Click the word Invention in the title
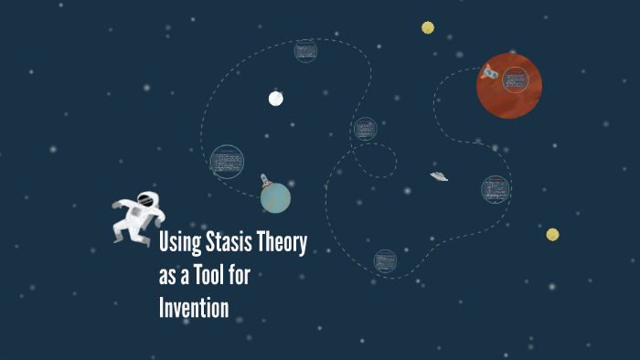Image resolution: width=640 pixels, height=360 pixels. click(194, 307)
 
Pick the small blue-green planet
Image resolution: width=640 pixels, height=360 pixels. click(275, 197)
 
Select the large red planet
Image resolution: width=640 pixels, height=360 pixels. click(509, 86)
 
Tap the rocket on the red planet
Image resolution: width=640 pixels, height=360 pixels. click(490, 71)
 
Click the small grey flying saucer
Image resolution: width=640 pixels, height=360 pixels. click(439, 175)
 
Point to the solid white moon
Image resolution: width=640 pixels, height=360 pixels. click(275, 99)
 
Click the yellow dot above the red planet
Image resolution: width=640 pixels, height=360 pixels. click(428, 27)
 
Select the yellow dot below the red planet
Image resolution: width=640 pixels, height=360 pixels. click(552, 234)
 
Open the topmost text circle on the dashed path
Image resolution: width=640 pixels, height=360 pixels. click(305, 50)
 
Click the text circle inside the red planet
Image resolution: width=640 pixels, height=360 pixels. click(515, 80)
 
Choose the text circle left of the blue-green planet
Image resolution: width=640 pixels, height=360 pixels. click(227, 162)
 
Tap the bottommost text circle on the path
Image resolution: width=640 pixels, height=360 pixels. click(385, 260)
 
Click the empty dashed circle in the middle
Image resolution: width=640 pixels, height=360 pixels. click(375, 160)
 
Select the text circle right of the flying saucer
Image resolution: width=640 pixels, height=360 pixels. click(495, 189)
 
